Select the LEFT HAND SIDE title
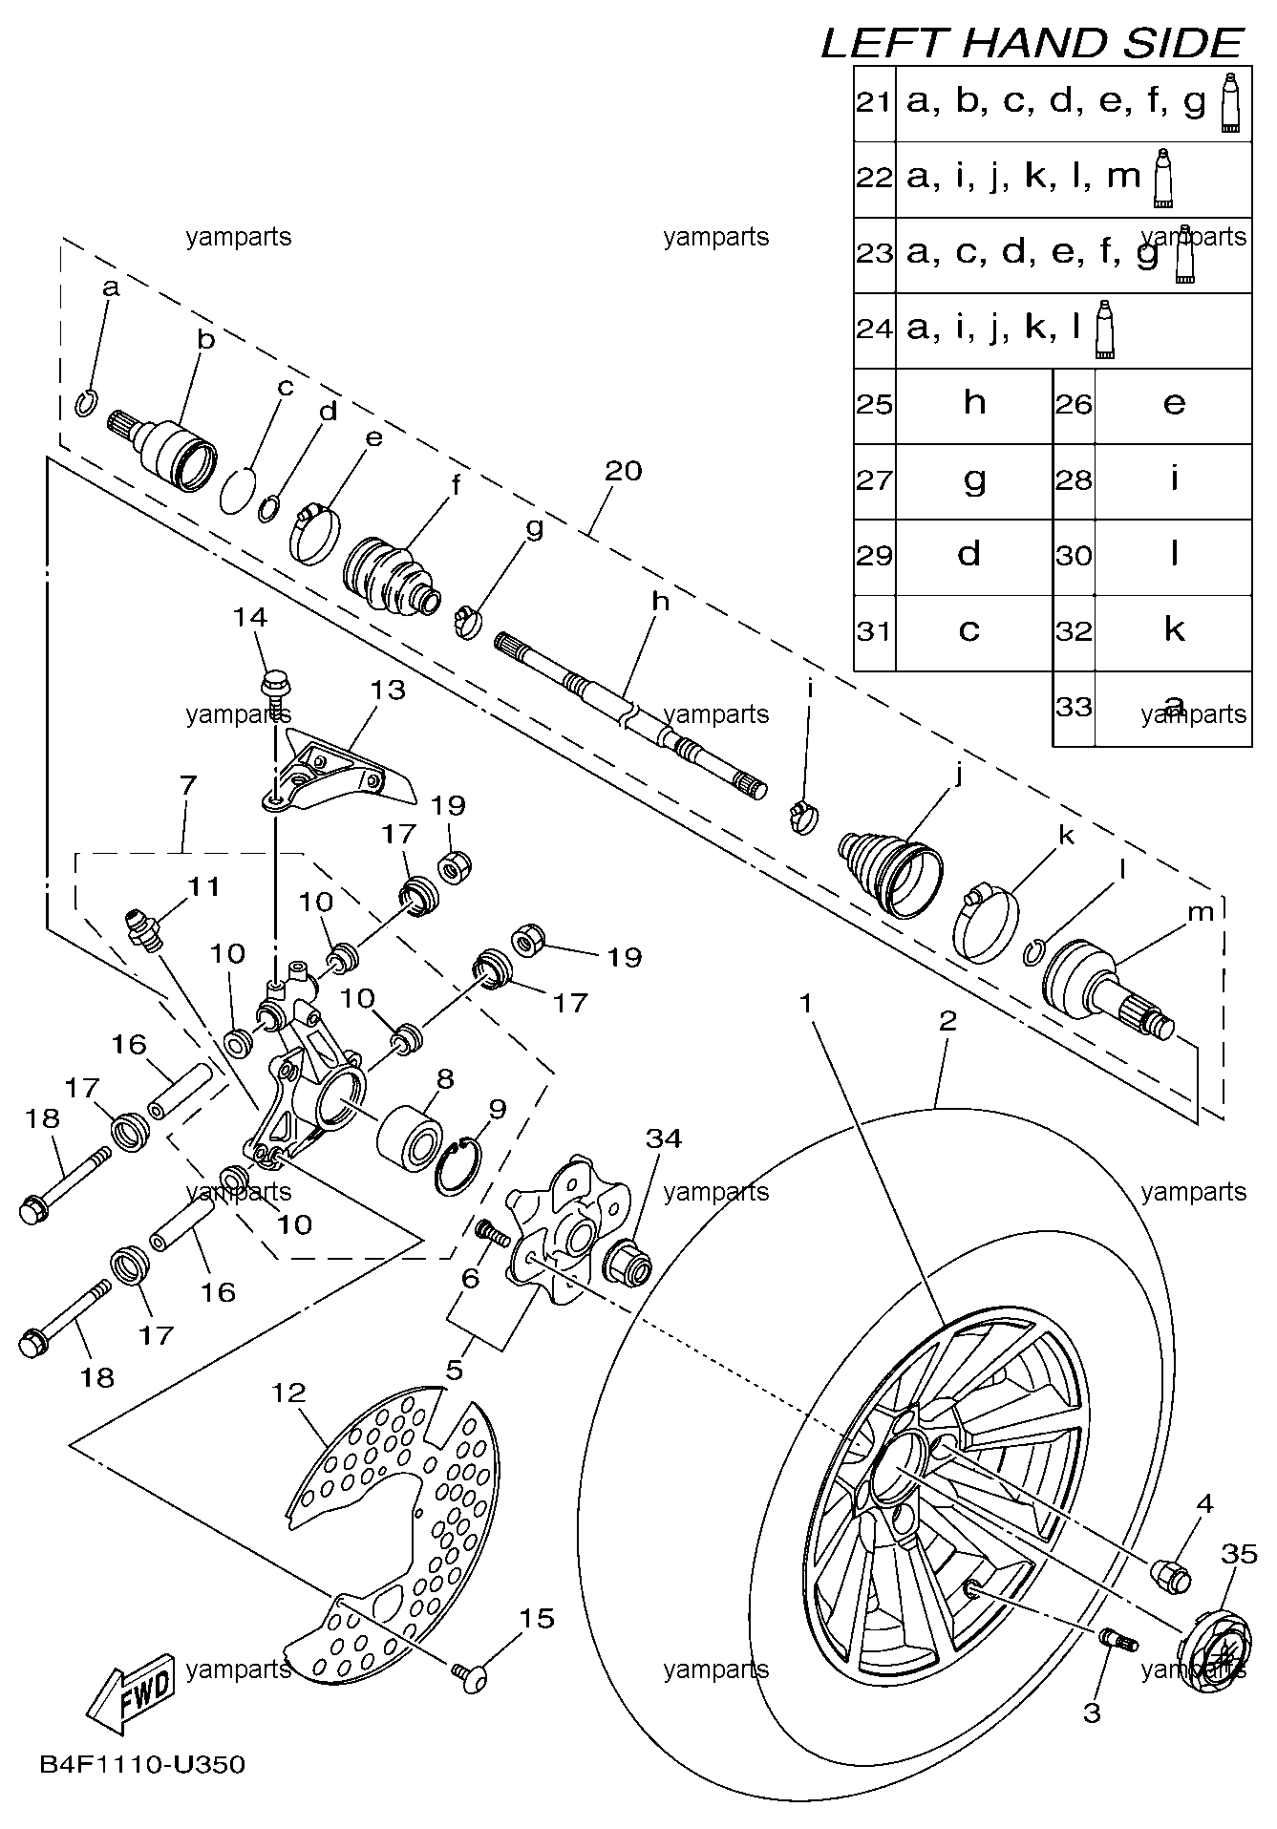1032,43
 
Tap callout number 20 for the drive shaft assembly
623,470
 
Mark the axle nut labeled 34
629,1260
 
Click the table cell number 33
1074,708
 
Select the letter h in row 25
974,403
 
